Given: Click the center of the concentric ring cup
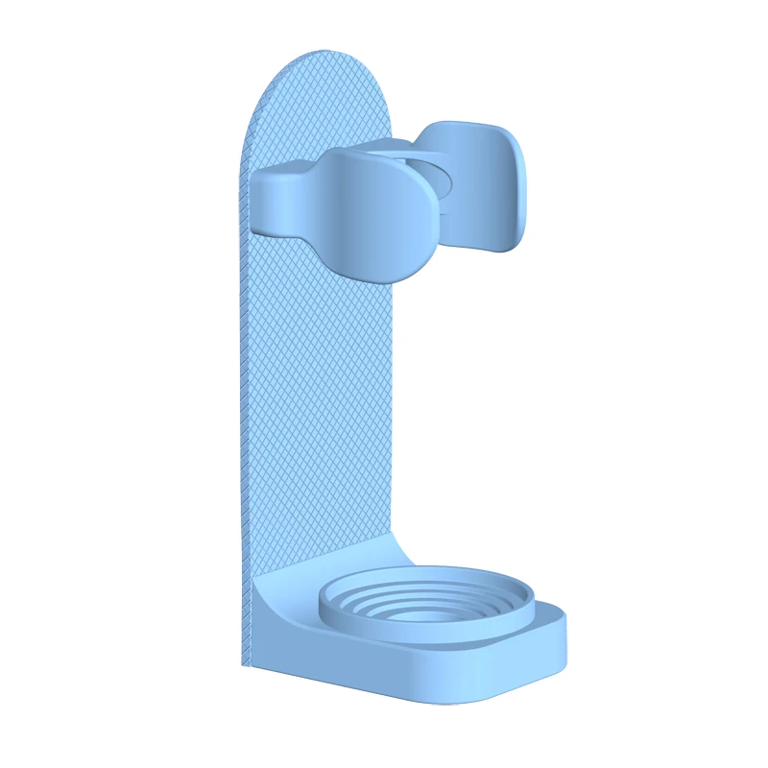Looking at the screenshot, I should click(422, 610).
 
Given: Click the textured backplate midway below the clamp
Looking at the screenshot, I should click(317, 403).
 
